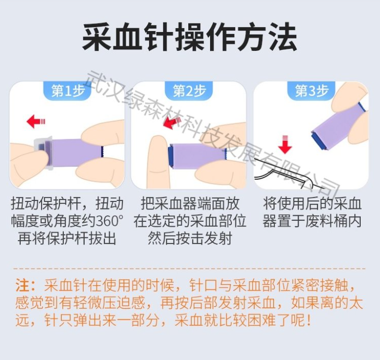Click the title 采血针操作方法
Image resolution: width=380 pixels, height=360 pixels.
point(190,37)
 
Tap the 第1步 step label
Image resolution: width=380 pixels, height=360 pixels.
point(68,91)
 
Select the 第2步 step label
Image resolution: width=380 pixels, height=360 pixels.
point(190,91)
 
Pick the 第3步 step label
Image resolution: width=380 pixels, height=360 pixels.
point(312,91)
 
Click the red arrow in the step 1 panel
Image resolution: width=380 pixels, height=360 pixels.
point(36,121)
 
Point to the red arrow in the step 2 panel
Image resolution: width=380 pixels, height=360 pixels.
point(172,123)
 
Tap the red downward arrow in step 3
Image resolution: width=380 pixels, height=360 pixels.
point(285,145)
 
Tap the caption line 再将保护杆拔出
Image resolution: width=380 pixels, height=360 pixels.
point(67,239)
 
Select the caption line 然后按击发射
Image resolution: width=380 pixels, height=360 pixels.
point(190,239)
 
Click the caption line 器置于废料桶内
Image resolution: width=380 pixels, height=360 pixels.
point(312,221)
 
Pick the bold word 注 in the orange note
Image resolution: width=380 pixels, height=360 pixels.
point(22,285)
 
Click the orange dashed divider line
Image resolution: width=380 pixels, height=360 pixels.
point(189,269)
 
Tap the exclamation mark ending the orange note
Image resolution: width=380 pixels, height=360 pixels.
point(308,320)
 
